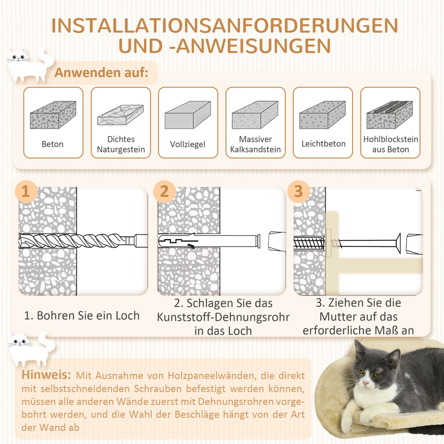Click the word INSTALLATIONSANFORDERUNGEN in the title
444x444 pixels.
(224, 26)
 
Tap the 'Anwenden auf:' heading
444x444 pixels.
(101, 73)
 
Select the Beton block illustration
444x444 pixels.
(53, 115)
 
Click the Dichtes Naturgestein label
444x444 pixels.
(121, 144)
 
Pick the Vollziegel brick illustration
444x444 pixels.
(188, 115)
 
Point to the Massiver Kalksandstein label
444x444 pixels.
(255, 144)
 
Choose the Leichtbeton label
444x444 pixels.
(323, 143)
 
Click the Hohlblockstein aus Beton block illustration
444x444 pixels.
(390, 115)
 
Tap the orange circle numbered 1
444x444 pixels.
(26, 191)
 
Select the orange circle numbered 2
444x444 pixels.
(164, 191)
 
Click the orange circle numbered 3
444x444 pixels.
(298, 191)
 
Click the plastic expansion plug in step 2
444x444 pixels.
(209, 241)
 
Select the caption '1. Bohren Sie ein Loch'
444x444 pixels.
(82, 316)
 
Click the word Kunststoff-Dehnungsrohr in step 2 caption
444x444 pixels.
(223, 317)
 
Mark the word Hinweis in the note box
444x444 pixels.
(46, 375)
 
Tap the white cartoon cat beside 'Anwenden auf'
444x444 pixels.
(28, 66)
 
